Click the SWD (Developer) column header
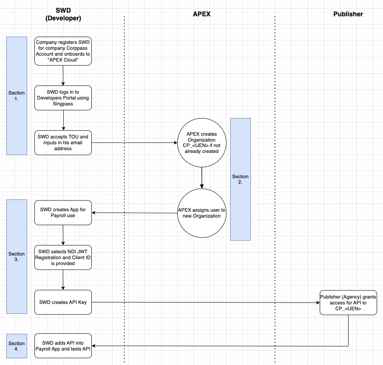point(63,14)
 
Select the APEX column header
point(201,14)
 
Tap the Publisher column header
point(348,14)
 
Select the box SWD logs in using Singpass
point(63,98)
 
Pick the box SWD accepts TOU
point(63,142)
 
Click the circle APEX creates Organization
point(202,143)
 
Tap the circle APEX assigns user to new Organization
point(202,213)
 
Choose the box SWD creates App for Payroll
point(63,213)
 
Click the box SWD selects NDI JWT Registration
point(63,257)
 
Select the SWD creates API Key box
point(63,302)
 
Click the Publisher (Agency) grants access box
point(348,302)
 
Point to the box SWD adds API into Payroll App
point(63,346)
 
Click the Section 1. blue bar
point(17,96)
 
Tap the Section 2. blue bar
point(240,179)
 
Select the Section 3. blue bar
point(17,256)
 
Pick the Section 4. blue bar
point(17,346)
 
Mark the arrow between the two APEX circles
point(202,178)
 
